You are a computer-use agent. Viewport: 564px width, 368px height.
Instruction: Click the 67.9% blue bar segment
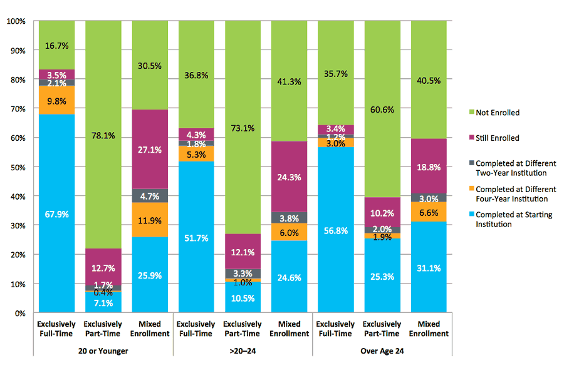pos(56,213)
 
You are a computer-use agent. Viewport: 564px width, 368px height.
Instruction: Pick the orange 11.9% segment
pos(150,220)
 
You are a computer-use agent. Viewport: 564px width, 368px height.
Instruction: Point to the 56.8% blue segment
pos(336,229)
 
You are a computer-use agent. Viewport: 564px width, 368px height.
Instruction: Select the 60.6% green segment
pos(382,109)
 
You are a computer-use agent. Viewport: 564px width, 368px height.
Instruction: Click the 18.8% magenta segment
pos(429,166)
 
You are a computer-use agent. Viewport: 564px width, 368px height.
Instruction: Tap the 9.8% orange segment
pos(56,100)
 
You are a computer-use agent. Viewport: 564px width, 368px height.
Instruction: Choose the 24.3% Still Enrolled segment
pos(289,176)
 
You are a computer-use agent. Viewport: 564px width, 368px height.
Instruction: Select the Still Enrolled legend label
pos(498,138)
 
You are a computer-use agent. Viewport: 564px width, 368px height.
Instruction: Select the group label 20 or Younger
pos(103,351)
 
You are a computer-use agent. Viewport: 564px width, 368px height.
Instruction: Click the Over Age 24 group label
pos(382,351)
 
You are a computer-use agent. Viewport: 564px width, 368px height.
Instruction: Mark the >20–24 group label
pos(243,351)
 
